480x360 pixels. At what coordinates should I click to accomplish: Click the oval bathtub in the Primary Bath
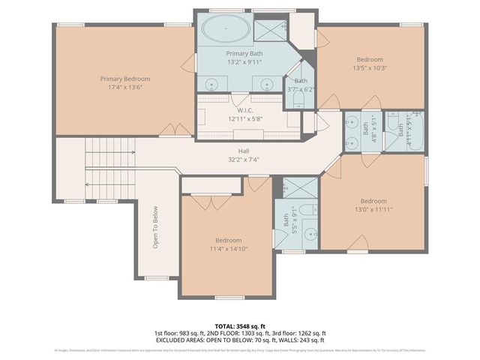(x=226, y=31)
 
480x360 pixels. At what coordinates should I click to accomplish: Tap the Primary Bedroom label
(x=125, y=79)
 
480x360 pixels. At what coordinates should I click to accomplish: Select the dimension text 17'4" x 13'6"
(x=125, y=88)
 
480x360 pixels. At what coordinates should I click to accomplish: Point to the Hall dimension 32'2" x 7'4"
(x=243, y=159)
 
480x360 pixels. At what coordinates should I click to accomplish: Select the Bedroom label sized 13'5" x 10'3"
(x=369, y=59)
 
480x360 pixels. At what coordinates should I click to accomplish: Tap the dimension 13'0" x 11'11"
(x=373, y=209)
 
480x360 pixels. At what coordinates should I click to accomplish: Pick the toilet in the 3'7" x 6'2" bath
(x=300, y=97)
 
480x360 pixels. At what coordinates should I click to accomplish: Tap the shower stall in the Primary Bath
(x=267, y=30)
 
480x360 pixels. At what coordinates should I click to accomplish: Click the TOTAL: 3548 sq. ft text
(x=239, y=326)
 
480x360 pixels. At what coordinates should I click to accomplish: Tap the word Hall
(x=243, y=151)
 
